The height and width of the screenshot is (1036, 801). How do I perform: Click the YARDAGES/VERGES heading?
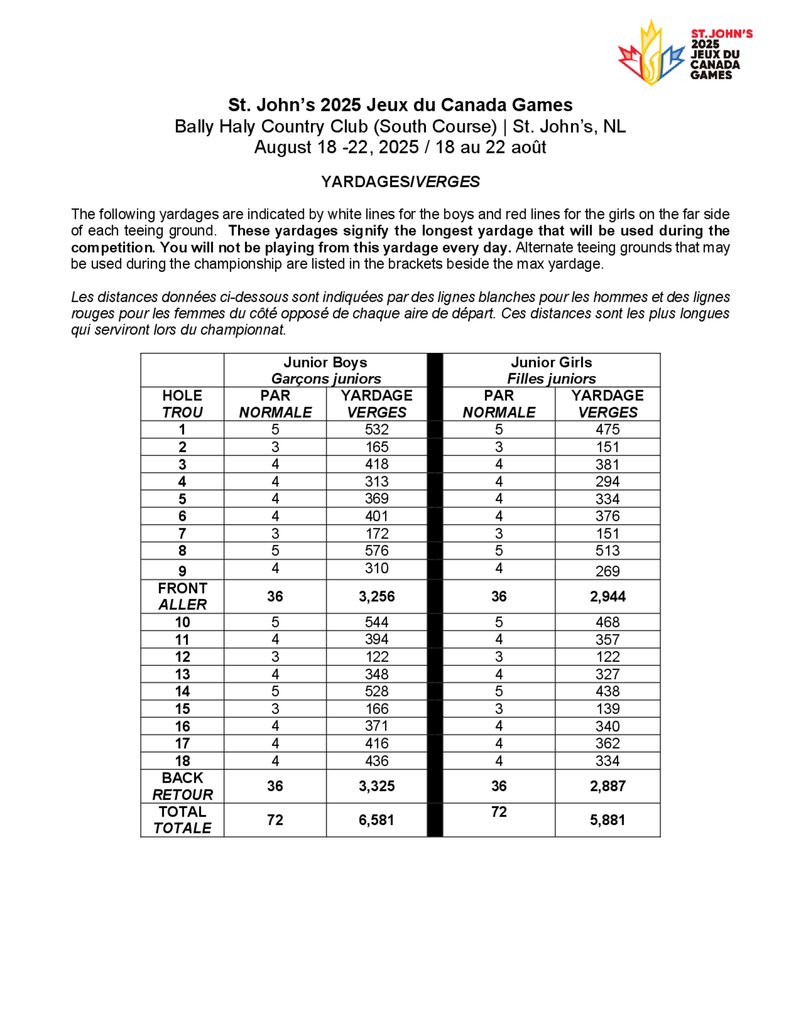coord(400,182)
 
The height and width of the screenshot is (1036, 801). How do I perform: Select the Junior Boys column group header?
coord(326,370)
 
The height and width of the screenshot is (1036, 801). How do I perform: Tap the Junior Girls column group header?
coord(551,370)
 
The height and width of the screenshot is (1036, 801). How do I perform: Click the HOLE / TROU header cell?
coord(182,404)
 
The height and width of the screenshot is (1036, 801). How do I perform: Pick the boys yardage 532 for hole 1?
coord(377,429)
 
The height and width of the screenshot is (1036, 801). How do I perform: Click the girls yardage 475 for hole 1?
coord(608,429)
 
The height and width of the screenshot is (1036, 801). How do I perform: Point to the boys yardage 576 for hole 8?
coord(377,551)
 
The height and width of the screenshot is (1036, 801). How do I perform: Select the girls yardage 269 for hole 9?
coord(608,571)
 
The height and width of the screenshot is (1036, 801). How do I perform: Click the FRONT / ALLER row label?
coord(182,596)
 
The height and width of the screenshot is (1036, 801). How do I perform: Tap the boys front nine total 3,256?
coord(377,596)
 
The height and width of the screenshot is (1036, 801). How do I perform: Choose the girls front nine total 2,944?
coord(608,596)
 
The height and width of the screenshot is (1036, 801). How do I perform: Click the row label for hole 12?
coord(182,657)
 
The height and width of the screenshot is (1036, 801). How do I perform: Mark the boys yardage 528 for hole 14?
coord(377,691)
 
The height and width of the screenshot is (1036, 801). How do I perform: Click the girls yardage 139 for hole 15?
coord(608,709)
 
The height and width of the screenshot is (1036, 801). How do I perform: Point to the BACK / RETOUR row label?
coord(182,786)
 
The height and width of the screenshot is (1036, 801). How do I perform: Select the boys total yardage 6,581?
coord(377,820)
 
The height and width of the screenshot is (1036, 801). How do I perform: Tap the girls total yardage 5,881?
coord(608,820)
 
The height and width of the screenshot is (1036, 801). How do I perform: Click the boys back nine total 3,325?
coord(377,786)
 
